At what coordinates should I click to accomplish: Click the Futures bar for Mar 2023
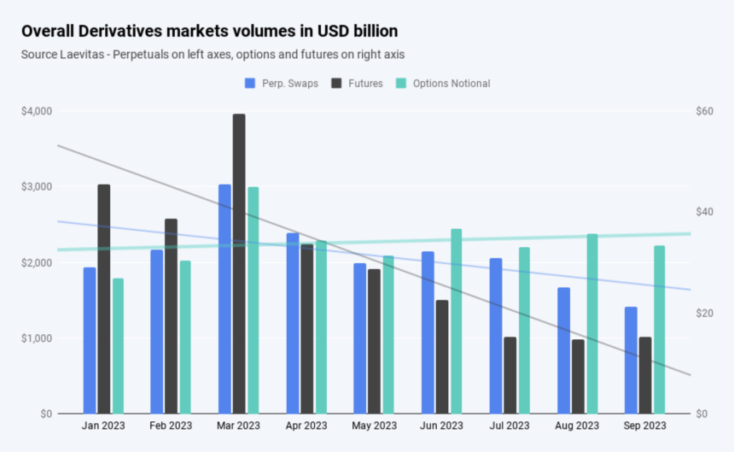239,264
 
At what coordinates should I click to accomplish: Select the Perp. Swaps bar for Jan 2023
90,341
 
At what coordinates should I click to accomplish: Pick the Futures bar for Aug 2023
578,377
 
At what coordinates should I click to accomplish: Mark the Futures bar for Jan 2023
103,299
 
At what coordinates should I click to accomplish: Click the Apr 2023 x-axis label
306,426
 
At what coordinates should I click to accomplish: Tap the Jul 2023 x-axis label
509,426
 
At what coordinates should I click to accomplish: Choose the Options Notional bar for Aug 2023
591,324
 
